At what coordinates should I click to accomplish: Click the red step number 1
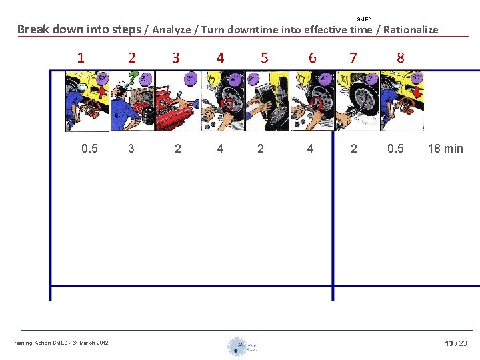pyautogui.click(x=81, y=58)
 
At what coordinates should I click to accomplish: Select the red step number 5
pyautogui.click(x=265, y=58)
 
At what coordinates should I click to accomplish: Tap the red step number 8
pyautogui.click(x=400, y=58)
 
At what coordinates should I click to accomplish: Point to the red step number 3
pyautogui.click(x=176, y=58)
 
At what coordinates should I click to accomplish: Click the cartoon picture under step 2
pyautogui.click(x=132, y=101)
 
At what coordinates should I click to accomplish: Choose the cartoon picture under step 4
pyautogui.click(x=222, y=101)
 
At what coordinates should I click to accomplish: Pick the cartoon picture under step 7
pyautogui.click(x=357, y=101)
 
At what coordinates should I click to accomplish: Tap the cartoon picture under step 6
pyautogui.click(x=312, y=101)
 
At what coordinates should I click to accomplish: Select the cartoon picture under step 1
pyautogui.click(x=87, y=101)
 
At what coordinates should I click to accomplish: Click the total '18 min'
pyautogui.click(x=445, y=149)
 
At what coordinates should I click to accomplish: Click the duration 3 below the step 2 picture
pyautogui.click(x=131, y=149)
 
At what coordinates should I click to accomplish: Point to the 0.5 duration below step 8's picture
pyautogui.click(x=395, y=149)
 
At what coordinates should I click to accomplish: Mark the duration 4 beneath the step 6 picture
pyautogui.click(x=310, y=149)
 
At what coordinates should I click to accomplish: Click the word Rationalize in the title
pyautogui.click(x=411, y=29)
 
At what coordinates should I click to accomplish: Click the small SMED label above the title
pyautogui.click(x=364, y=19)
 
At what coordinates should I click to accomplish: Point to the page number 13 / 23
pyautogui.click(x=456, y=343)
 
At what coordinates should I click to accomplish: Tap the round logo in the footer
pyautogui.click(x=238, y=347)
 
